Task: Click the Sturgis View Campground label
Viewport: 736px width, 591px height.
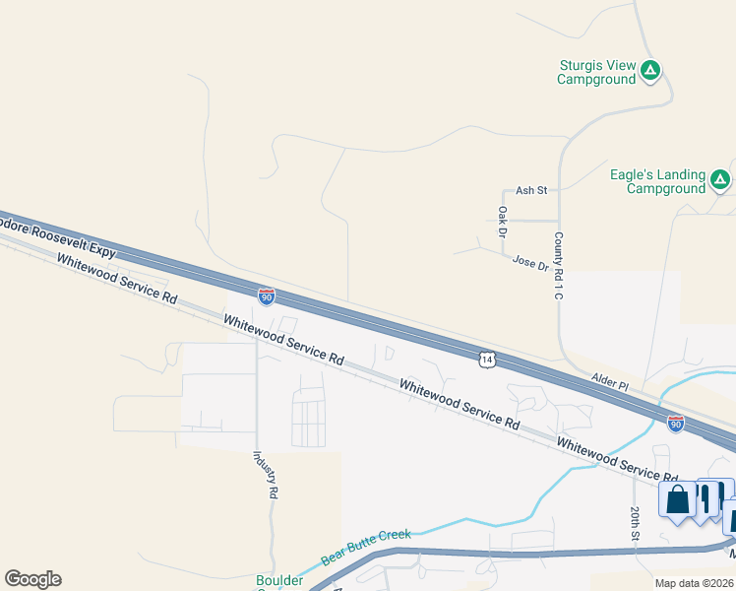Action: (597, 72)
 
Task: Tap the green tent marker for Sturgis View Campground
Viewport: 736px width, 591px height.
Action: (650, 71)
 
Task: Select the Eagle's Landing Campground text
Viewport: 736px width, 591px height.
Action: (657, 181)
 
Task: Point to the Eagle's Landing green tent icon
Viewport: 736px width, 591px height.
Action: (720, 179)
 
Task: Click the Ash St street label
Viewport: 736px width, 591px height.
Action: (530, 190)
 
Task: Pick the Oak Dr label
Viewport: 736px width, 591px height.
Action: (502, 222)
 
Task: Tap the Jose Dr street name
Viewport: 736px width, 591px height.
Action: (530, 263)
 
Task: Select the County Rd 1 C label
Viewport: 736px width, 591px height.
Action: (558, 265)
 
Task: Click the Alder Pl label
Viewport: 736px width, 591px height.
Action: (610, 378)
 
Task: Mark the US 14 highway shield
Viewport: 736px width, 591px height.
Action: (487, 360)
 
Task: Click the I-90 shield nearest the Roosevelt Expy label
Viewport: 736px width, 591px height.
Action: (267, 295)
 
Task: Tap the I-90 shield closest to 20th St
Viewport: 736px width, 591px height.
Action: (675, 424)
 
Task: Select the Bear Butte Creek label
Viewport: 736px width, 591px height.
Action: (365, 546)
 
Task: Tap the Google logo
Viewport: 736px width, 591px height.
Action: (32, 579)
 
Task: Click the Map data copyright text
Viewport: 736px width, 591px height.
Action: (695, 583)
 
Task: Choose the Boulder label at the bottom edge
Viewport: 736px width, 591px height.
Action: (279, 581)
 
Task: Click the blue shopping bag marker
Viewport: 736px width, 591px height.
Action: (678, 500)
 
